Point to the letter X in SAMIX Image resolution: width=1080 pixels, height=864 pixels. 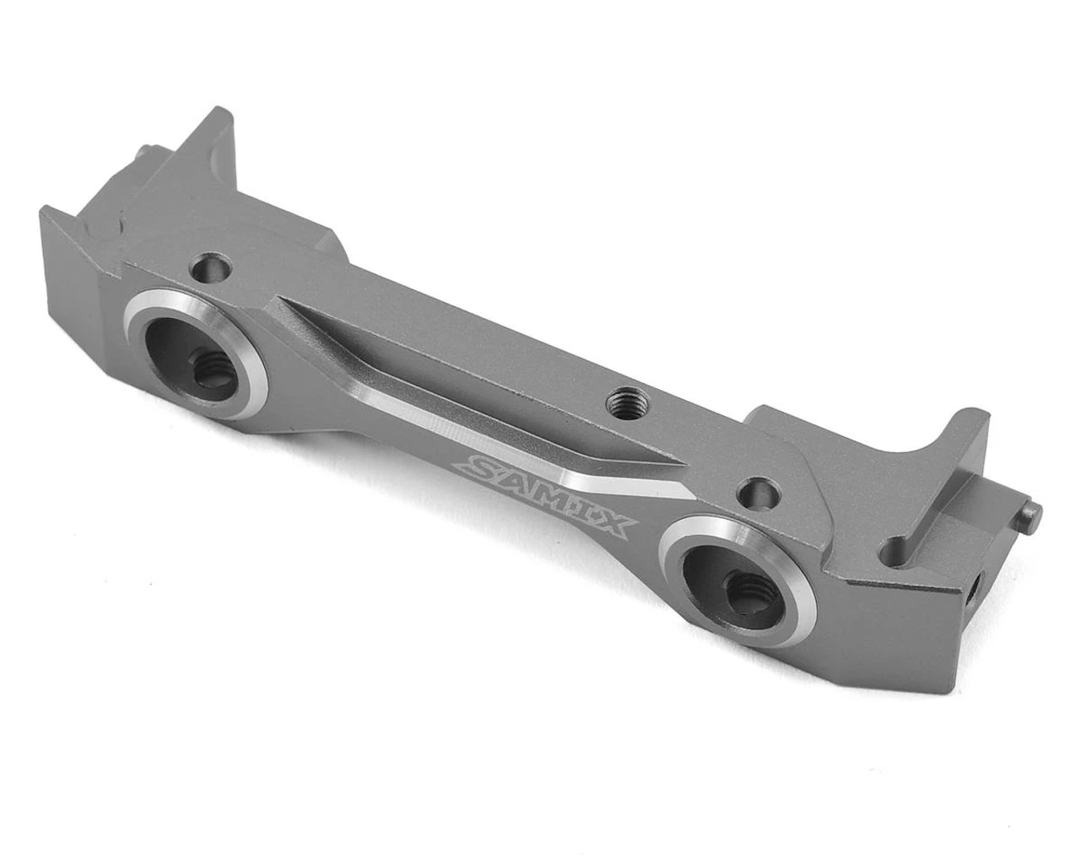pos(614,528)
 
